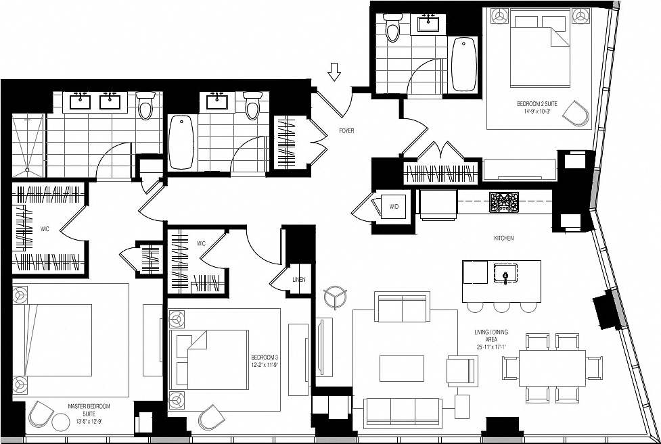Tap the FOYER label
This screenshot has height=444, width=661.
(346, 130)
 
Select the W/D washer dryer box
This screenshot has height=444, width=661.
(393, 206)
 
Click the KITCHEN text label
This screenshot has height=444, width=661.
(503, 239)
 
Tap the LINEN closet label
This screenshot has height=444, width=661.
(298, 279)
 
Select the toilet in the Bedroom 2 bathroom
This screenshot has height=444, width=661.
(392, 28)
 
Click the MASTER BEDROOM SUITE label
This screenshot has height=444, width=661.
(89, 410)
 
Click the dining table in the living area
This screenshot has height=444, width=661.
(544, 368)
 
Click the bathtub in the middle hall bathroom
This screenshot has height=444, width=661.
(181, 142)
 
